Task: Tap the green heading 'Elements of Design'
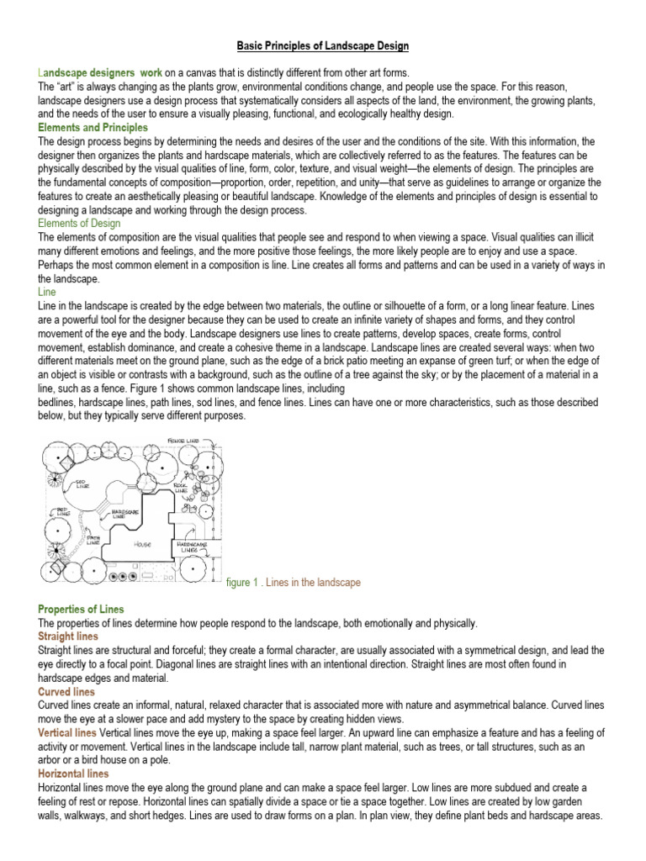click(x=79, y=223)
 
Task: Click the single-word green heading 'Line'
click(x=47, y=291)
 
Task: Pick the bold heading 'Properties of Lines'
click(x=81, y=609)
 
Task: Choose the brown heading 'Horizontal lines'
click(x=73, y=774)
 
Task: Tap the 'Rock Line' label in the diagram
click(x=180, y=487)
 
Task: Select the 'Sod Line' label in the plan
click(x=82, y=483)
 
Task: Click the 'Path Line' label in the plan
click(x=93, y=541)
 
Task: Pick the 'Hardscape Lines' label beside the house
click(x=192, y=547)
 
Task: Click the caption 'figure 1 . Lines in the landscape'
click(x=294, y=583)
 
